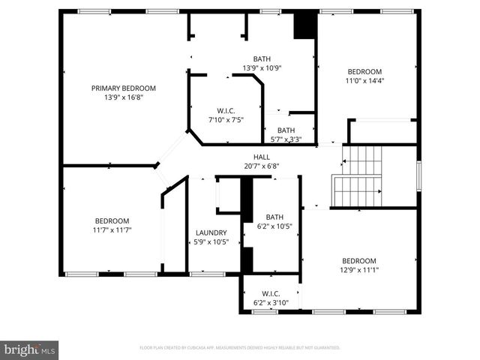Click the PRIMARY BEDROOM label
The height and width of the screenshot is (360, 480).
click(x=123, y=87)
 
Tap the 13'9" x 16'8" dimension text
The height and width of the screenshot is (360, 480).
click(x=123, y=97)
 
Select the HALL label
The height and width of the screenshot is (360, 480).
click(x=261, y=157)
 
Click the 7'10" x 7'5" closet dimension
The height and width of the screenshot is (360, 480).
click(x=225, y=118)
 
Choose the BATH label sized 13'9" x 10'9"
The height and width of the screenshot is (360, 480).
click(x=262, y=59)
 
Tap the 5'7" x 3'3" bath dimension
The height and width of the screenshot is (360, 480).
click(x=286, y=139)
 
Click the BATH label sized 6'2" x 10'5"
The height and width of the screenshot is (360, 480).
click(x=274, y=217)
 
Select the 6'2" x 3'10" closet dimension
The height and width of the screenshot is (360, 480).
click(x=271, y=303)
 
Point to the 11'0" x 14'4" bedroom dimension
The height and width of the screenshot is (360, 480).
click(x=364, y=81)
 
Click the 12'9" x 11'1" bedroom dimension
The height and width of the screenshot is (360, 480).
click(x=360, y=270)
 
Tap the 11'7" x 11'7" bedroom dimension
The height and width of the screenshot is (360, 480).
click(x=112, y=230)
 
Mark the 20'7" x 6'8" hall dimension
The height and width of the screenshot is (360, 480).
click(x=261, y=166)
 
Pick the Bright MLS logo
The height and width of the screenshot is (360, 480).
click(x=30, y=349)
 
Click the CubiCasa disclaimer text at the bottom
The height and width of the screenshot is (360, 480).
click(x=240, y=348)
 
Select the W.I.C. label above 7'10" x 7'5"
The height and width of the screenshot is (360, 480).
click(x=226, y=109)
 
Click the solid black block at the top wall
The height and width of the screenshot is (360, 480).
click(x=303, y=25)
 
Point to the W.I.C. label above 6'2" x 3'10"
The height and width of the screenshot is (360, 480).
click(x=271, y=293)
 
